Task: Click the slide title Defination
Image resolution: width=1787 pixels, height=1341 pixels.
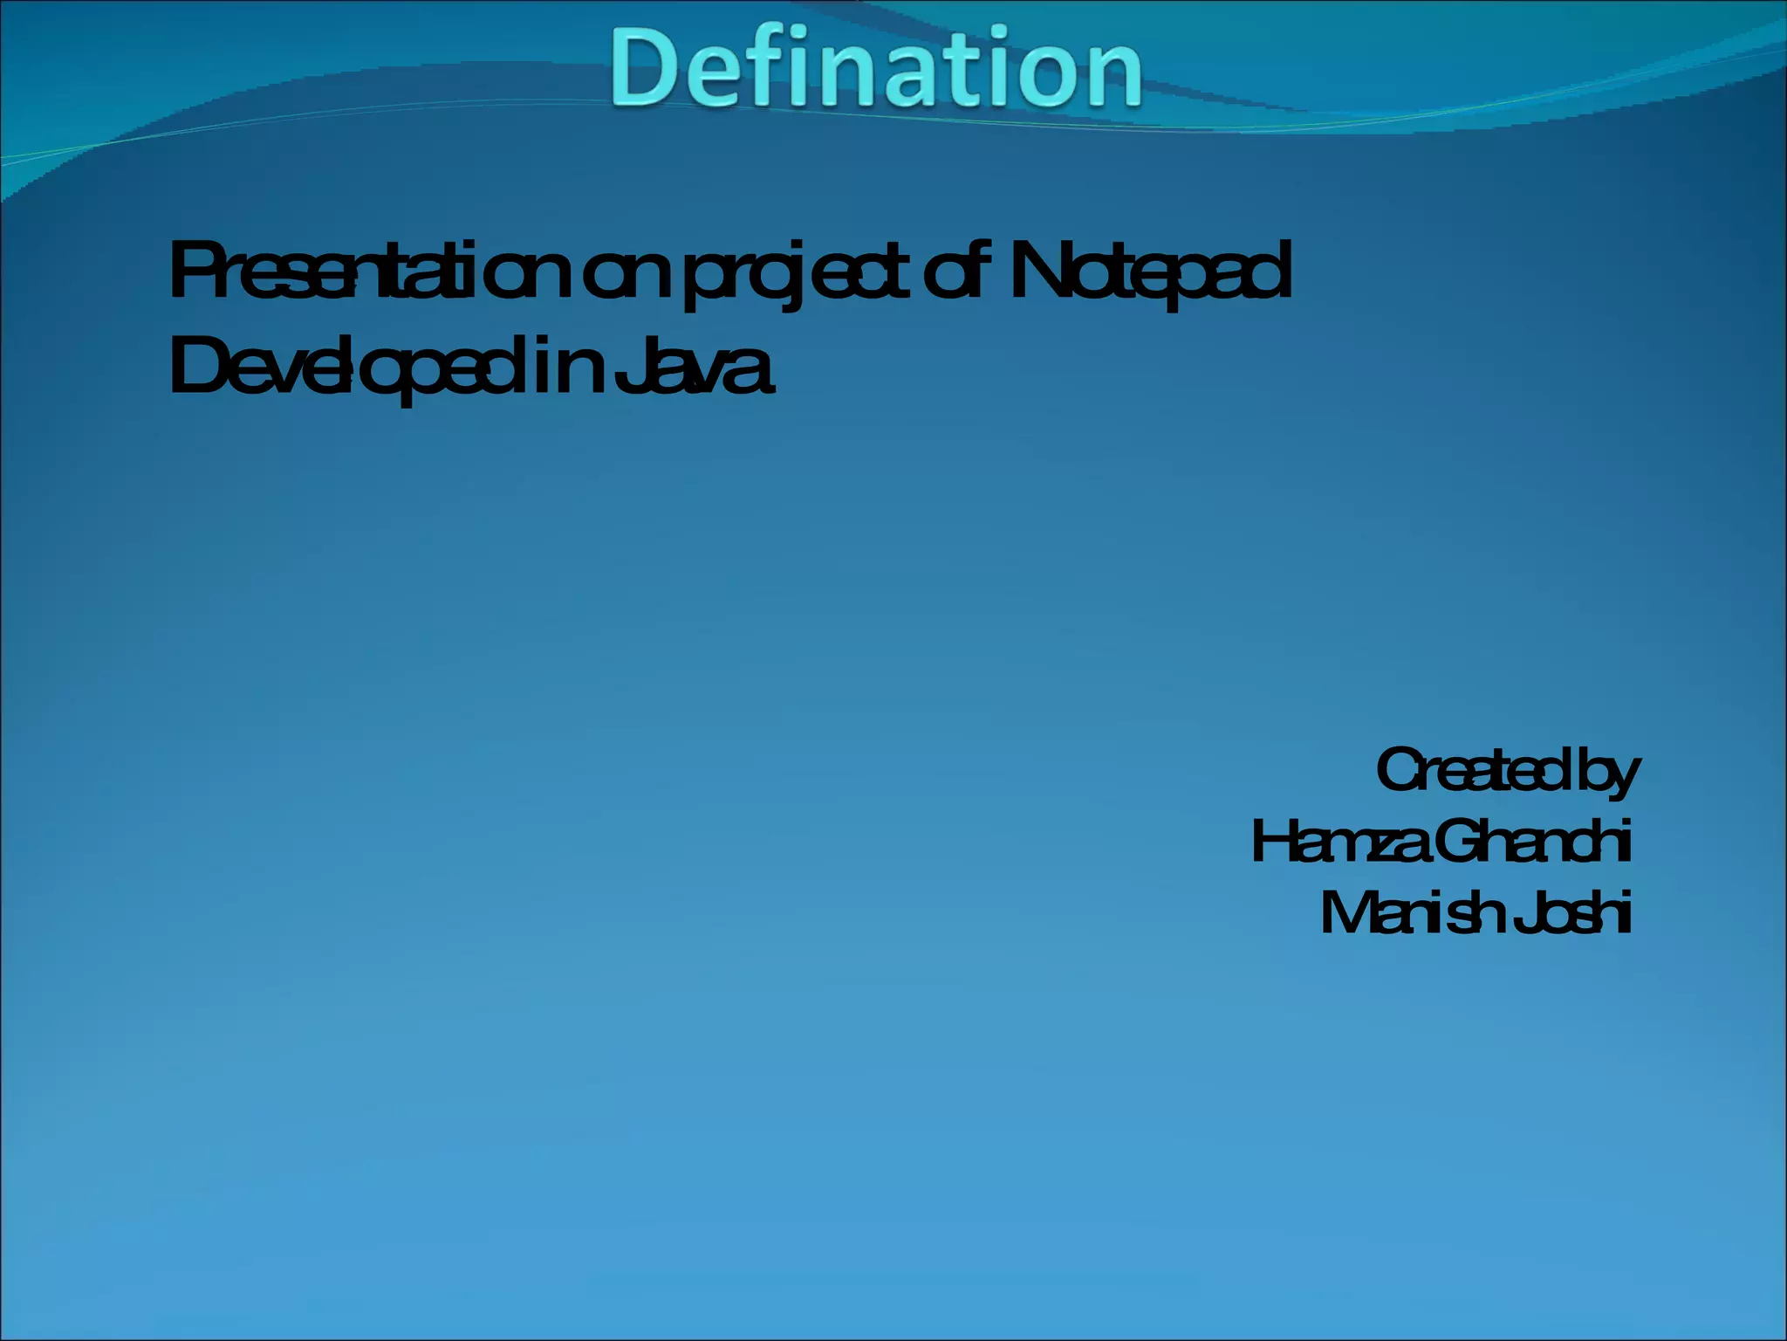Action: click(x=876, y=68)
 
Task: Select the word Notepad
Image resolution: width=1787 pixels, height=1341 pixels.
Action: click(x=1150, y=272)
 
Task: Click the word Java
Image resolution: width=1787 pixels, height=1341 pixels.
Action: click(x=694, y=367)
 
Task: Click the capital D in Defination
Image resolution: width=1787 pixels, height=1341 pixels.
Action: click(x=647, y=68)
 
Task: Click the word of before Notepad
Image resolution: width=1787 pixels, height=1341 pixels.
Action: click(x=957, y=272)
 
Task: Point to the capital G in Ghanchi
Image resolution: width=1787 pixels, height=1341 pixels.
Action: click(x=1459, y=842)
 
